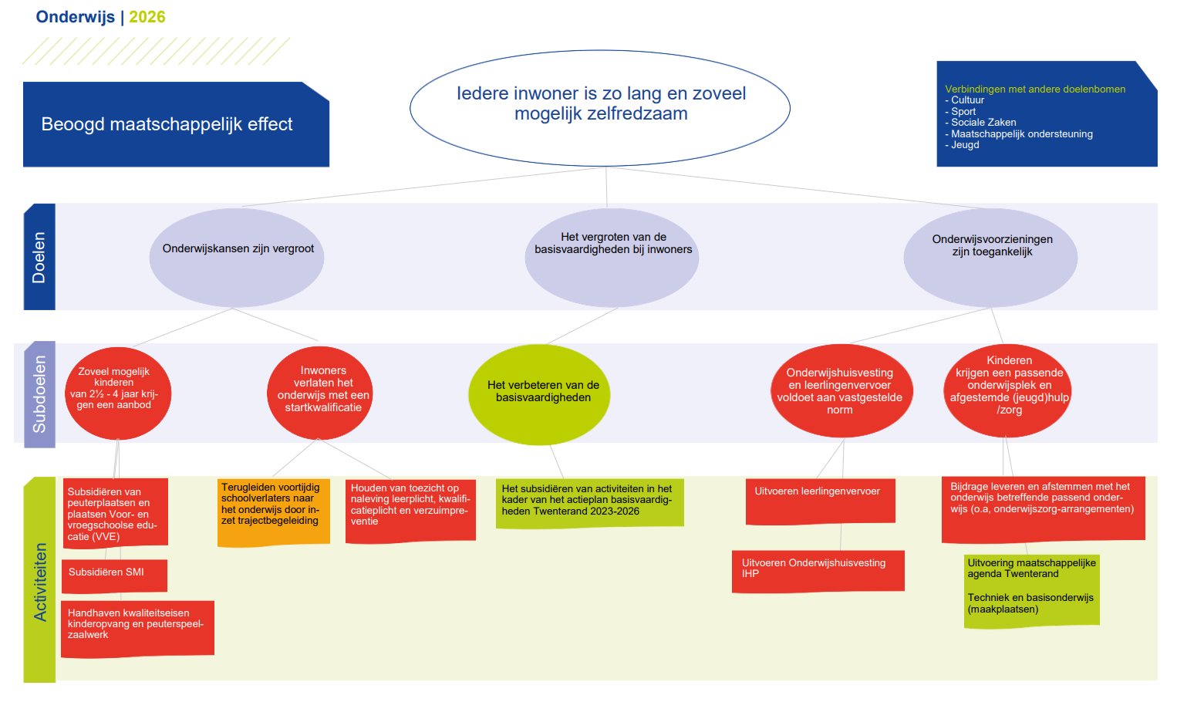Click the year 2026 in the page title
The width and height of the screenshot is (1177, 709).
coord(147,17)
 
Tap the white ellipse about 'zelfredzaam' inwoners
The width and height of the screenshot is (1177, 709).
coord(600,108)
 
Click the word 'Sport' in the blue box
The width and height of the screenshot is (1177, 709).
coord(963,111)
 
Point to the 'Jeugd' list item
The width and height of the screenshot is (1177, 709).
coord(965,144)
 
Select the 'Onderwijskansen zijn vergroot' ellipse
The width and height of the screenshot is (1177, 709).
coord(237,258)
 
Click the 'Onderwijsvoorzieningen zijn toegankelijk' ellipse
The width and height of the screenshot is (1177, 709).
coord(990,258)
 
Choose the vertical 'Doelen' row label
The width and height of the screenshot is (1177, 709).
coord(39,257)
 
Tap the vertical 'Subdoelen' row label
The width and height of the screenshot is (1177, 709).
coord(39,394)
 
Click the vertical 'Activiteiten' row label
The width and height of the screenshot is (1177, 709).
coord(40,580)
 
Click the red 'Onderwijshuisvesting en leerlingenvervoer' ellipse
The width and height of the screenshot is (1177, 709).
coord(841,391)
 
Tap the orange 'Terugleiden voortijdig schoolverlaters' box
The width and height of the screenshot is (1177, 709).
coord(273,511)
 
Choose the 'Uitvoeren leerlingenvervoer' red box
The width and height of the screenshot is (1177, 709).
coord(820,501)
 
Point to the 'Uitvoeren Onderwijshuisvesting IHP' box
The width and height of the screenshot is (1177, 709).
coord(818,571)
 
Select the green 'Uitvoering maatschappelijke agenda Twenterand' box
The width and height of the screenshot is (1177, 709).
coord(1031,590)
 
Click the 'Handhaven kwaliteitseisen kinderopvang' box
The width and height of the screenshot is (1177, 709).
coord(137,629)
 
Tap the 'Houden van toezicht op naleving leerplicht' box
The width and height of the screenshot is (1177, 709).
coord(410,510)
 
